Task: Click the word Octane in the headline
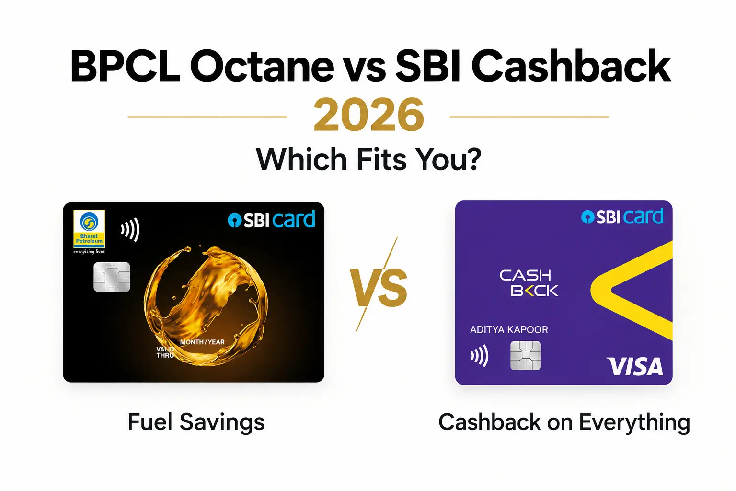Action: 262,67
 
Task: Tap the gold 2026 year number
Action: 368,115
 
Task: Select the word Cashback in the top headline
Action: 571,66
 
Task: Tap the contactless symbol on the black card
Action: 130,229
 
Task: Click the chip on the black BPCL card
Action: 112,277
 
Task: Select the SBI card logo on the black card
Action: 271,219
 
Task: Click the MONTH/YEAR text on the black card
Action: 202,342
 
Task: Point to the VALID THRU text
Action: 165,352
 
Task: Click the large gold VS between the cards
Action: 379,287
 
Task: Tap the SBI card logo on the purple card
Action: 622,217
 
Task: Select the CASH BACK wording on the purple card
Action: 529,283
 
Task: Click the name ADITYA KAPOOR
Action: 509,329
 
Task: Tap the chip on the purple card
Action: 526,355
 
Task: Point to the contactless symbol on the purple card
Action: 480,355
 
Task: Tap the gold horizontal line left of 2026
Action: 207,117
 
